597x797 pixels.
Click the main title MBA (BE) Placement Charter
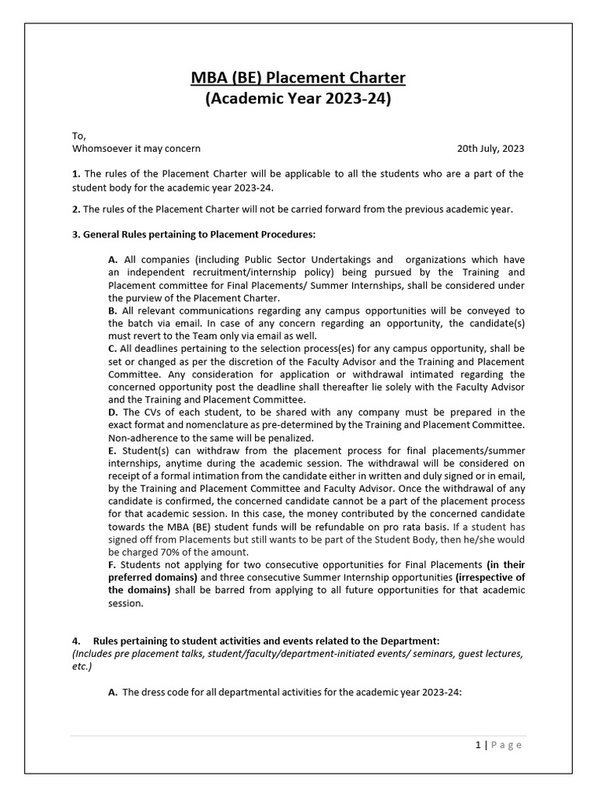pyautogui.click(x=298, y=78)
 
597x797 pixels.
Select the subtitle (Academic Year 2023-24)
pyautogui.click(x=298, y=100)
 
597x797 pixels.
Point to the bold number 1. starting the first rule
pyautogui.click(x=76, y=174)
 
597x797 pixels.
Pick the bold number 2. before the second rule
pyautogui.click(x=76, y=209)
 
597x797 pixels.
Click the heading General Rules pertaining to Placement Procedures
pyautogui.click(x=199, y=234)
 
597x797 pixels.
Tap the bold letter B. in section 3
pyautogui.click(x=113, y=311)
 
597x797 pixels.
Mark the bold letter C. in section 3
pyautogui.click(x=113, y=349)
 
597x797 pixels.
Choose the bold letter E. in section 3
pyautogui.click(x=113, y=450)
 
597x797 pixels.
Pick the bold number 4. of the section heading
pyautogui.click(x=76, y=641)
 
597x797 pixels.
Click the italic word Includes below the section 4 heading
pyautogui.click(x=93, y=654)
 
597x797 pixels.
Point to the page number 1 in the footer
pyautogui.click(x=478, y=745)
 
